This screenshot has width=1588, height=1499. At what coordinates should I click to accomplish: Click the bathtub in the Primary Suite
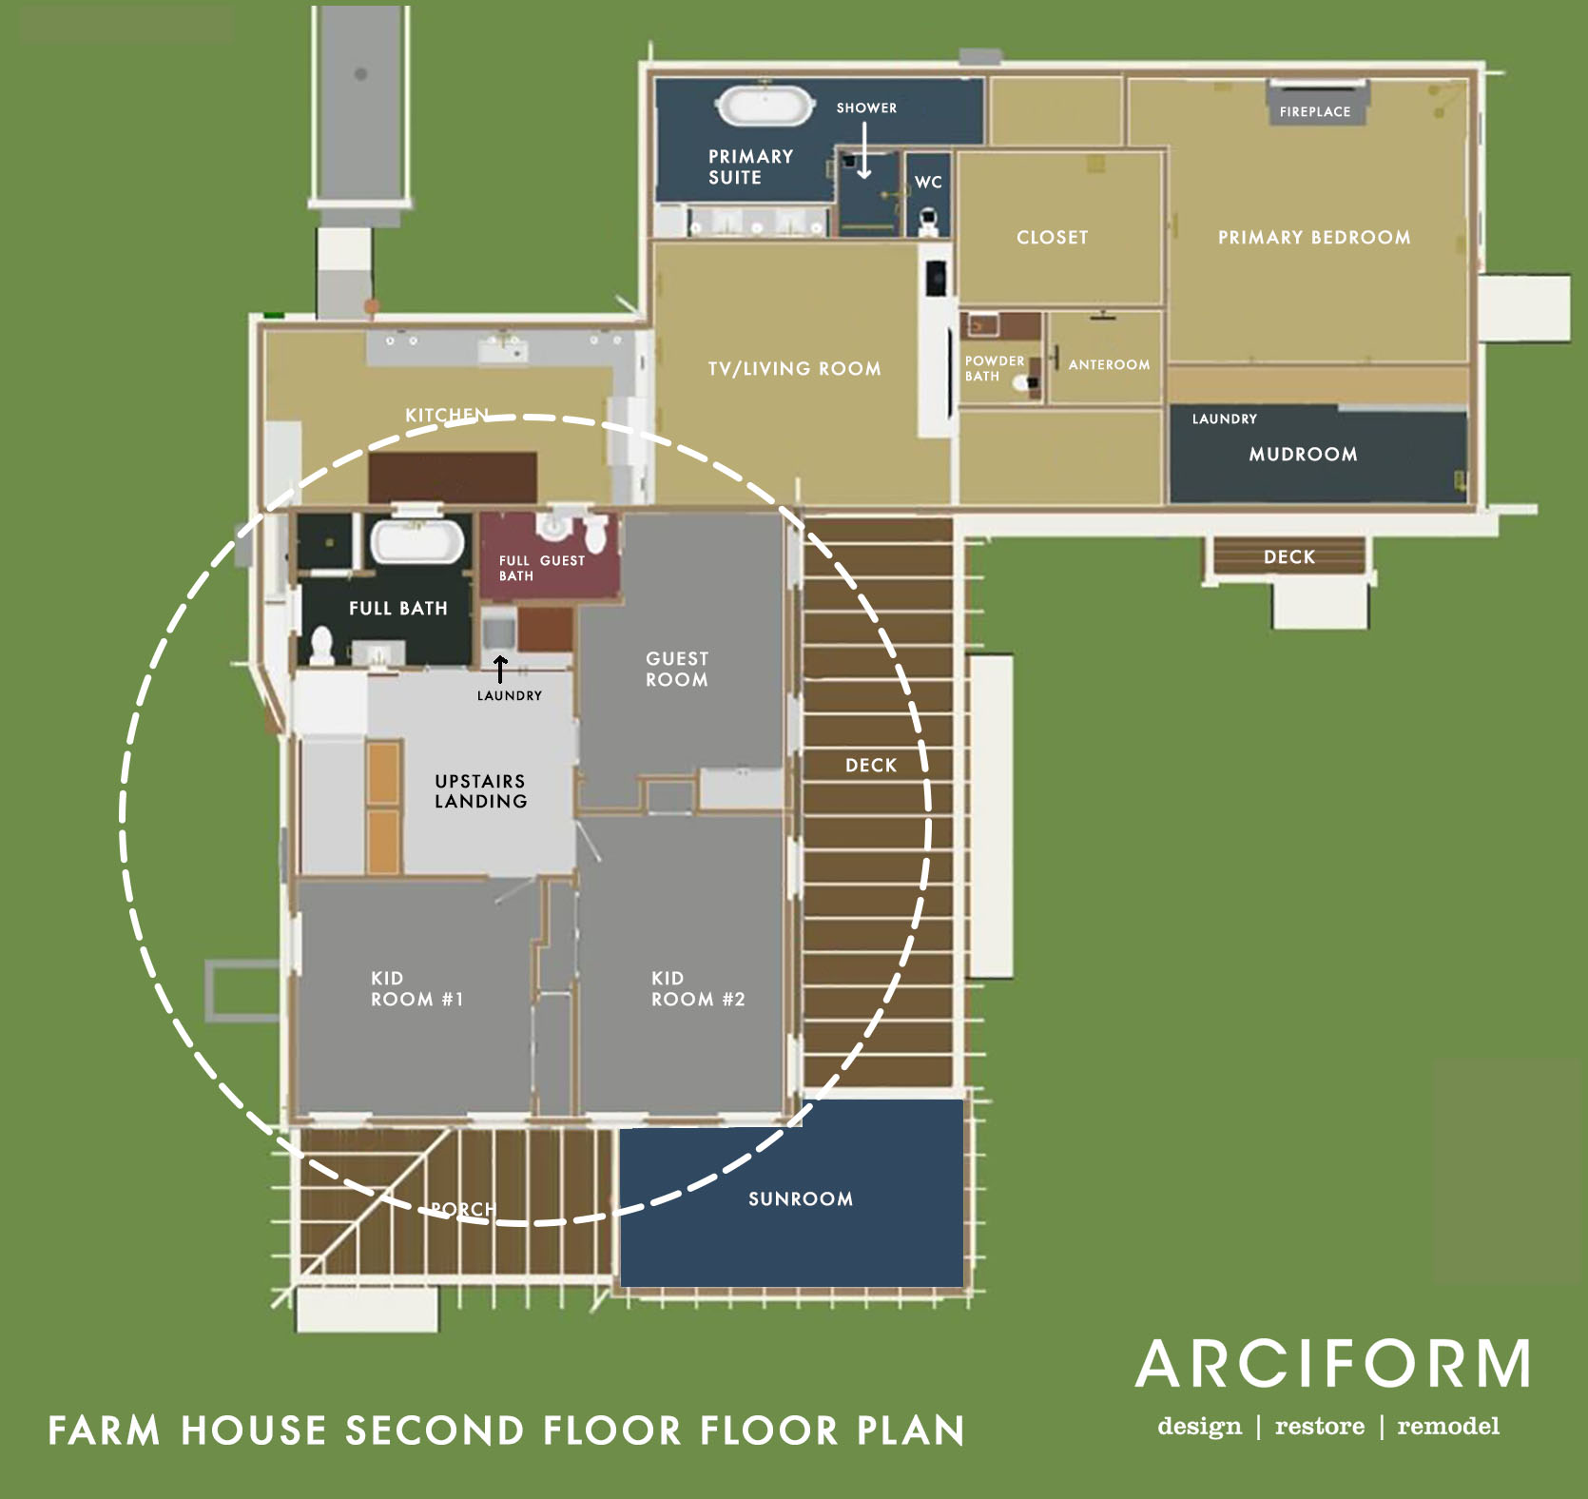pyautogui.click(x=765, y=106)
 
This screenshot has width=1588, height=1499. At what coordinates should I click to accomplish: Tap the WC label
pyautogui.click(x=928, y=182)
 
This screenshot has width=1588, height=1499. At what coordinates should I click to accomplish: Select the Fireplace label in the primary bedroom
pyautogui.click(x=1315, y=111)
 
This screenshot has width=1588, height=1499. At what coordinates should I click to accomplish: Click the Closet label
pyautogui.click(x=1052, y=237)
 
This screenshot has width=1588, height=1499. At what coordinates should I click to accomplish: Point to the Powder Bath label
pyautogui.click(x=994, y=368)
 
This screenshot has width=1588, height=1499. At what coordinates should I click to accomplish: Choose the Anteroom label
pyautogui.click(x=1109, y=364)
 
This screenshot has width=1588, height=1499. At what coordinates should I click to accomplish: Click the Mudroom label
pyautogui.click(x=1303, y=454)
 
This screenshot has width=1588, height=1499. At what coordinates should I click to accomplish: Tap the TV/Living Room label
pyautogui.click(x=794, y=368)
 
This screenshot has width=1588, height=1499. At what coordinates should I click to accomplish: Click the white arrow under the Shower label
pyautogui.click(x=864, y=150)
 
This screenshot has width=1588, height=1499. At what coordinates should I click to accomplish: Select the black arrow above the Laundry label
pyautogui.click(x=500, y=669)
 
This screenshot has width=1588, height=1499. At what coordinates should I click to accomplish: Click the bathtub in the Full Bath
pyautogui.click(x=416, y=541)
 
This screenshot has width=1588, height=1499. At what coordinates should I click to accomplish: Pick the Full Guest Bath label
pyautogui.click(x=541, y=568)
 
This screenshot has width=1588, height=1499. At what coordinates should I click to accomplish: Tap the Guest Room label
pyautogui.click(x=677, y=669)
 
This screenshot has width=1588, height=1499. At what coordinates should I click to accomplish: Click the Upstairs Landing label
pyautogui.click(x=480, y=790)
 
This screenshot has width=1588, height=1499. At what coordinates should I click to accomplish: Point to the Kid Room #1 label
pyautogui.click(x=416, y=988)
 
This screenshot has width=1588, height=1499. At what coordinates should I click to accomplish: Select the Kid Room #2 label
pyautogui.click(x=698, y=988)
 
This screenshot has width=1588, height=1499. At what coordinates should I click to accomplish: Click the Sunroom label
pyautogui.click(x=801, y=1198)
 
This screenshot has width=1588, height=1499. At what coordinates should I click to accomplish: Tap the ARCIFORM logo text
pyautogui.click(x=1333, y=1363)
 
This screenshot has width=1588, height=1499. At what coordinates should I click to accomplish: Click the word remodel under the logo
pyautogui.click(x=1448, y=1426)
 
